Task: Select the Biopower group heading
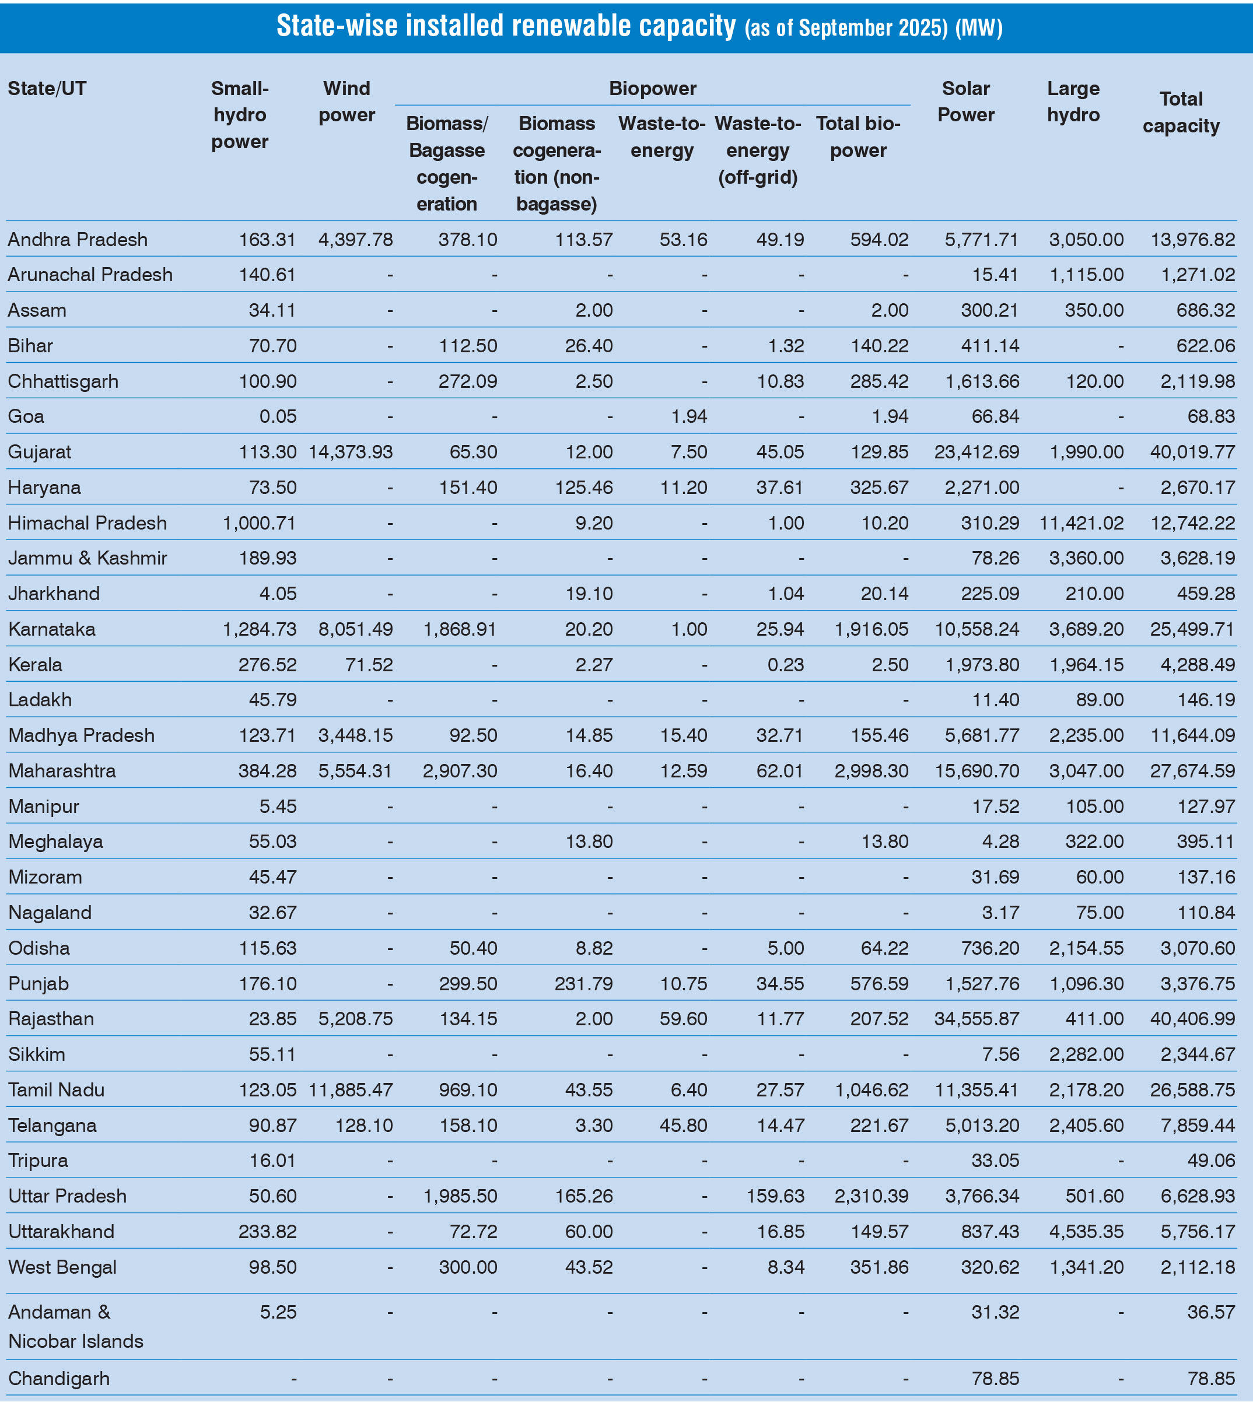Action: point(652,89)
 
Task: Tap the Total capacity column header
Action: point(1181,112)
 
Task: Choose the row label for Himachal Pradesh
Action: point(87,523)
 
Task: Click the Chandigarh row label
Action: point(59,1379)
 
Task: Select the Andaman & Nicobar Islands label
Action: point(76,1326)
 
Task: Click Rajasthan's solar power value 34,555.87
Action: point(977,1019)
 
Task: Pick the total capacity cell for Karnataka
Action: point(1192,629)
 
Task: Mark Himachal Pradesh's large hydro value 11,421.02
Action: point(1081,523)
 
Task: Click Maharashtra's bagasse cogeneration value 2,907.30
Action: point(460,771)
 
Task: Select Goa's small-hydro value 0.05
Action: point(278,416)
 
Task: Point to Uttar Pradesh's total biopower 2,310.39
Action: point(871,1196)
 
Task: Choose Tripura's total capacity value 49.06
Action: point(1211,1161)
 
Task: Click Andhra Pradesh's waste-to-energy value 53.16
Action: point(683,240)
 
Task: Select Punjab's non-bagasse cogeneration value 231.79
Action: point(583,983)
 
